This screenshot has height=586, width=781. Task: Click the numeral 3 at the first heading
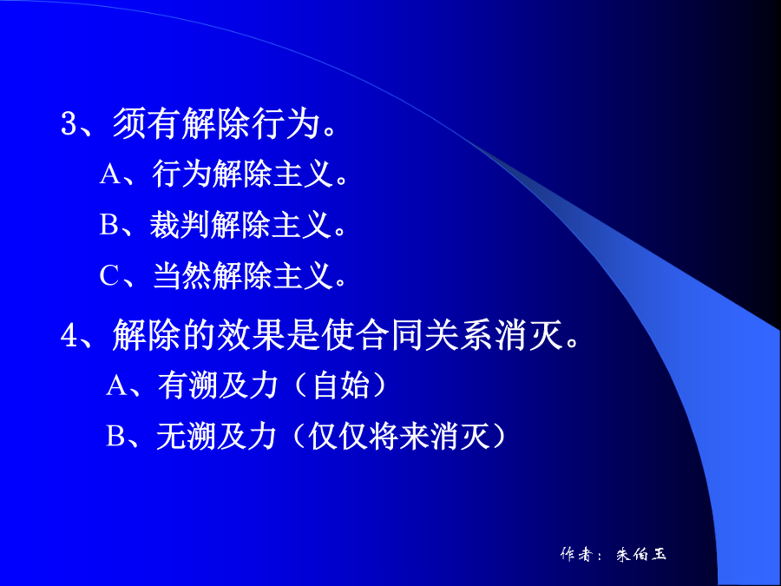tap(69, 123)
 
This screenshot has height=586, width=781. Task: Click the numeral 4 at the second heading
tap(69, 335)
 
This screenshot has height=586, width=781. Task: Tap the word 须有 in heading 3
tap(147, 123)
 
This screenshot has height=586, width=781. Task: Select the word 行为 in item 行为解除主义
tap(182, 174)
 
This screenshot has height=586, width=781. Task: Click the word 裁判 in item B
tap(180, 224)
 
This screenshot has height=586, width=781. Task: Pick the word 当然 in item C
tap(182, 275)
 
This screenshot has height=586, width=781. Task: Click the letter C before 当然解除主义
tap(109, 275)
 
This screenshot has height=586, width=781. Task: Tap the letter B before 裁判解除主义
tap(109, 224)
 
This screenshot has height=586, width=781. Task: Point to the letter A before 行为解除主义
tap(109, 174)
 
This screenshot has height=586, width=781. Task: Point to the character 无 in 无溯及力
tap(171, 436)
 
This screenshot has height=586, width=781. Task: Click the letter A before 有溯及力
tap(116, 385)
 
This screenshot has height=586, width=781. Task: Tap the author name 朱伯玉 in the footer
tap(641, 554)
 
